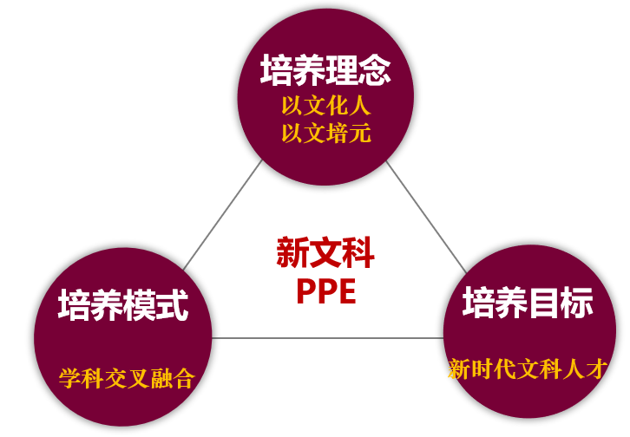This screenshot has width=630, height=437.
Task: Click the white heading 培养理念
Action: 325,70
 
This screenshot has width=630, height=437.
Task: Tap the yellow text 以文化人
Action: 326,106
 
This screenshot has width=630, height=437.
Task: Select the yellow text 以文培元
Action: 326,134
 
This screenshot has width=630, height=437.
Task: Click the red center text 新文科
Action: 325,252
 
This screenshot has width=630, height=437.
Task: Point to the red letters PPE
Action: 326,291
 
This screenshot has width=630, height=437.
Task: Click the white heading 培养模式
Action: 123,305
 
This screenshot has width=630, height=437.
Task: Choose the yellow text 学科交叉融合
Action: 127,378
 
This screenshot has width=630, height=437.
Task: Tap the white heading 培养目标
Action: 528,303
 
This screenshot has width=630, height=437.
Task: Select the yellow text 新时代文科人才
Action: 528,369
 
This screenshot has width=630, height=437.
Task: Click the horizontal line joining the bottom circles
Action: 327,338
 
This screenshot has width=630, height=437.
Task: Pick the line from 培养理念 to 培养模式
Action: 223,215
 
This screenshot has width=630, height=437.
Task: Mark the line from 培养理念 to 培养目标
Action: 426,218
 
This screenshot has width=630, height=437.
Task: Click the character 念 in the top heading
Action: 375,70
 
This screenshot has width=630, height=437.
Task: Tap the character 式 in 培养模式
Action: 173,305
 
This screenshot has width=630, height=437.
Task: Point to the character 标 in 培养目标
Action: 577,303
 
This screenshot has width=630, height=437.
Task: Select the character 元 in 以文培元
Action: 359,134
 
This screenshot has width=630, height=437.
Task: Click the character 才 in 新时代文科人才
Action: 596,369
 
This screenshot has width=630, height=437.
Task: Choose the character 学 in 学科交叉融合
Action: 70,378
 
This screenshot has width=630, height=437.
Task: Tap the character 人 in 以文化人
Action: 359,106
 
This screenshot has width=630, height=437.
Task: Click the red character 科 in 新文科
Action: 358,252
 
